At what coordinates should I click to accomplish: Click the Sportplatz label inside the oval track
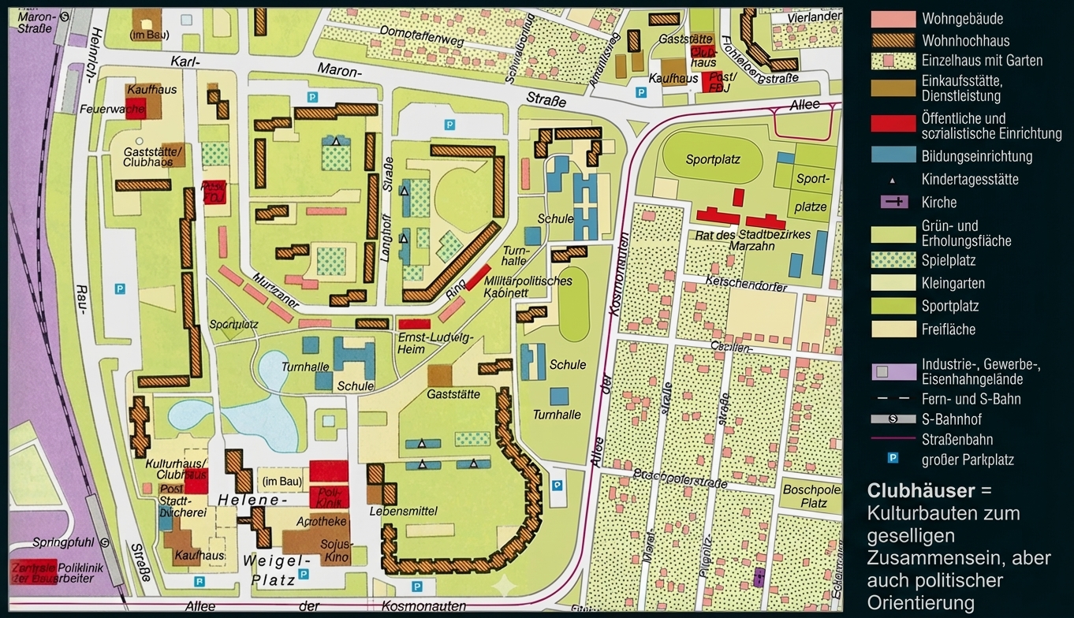pos(713,159)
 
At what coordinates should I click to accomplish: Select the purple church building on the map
pos(759,576)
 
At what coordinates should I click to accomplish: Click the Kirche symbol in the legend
pos(893,202)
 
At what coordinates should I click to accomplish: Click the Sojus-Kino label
pos(335,550)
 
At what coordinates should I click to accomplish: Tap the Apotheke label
pos(322,521)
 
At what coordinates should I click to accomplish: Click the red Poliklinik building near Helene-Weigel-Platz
pos(328,497)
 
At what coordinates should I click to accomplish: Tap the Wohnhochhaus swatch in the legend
pos(893,40)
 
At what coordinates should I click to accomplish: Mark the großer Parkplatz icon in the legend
pos(893,458)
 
